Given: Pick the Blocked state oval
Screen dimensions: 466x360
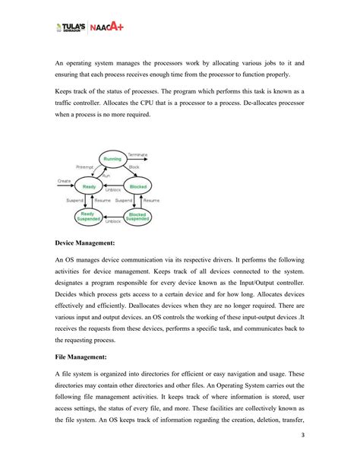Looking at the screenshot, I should pyautogui.click(x=137, y=186).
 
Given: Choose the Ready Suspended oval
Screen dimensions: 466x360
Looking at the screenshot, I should pyautogui.click(x=88, y=217).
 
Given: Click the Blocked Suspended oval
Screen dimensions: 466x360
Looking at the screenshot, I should pyautogui.click(x=137, y=217).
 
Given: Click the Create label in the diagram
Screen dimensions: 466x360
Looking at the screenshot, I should pyautogui.click(x=65, y=181).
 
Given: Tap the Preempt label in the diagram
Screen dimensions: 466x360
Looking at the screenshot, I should pyautogui.click(x=84, y=166).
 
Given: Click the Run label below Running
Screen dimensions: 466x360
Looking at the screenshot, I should pyautogui.click(x=106, y=176).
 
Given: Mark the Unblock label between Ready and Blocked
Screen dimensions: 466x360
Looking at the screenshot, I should pyautogui.click(x=112, y=190).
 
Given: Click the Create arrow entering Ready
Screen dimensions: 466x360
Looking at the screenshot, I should pyautogui.click(x=67, y=186).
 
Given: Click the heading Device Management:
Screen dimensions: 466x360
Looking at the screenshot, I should pyautogui.click(x=85, y=244).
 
